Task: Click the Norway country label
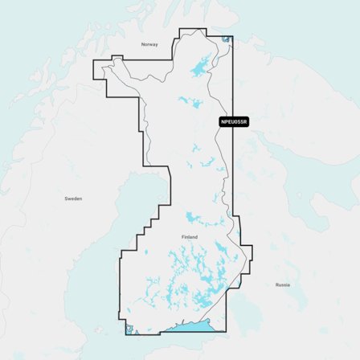click(x=149, y=44)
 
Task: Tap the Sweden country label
click(x=73, y=198)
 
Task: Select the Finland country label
click(x=190, y=237)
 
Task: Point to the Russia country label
click(x=283, y=284)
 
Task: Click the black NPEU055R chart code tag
click(x=234, y=122)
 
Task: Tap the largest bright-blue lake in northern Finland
click(x=199, y=70)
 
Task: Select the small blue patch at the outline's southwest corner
click(x=129, y=326)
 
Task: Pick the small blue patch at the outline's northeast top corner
click(x=227, y=38)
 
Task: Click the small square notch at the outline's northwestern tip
click(x=117, y=59)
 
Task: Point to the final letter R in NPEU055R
click(x=246, y=122)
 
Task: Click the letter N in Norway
click(x=143, y=44)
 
